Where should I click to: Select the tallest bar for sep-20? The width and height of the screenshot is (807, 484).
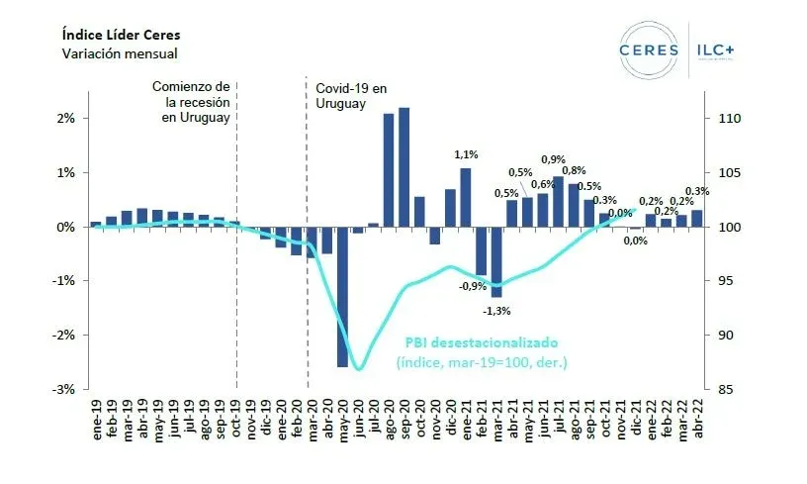tap(404, 166)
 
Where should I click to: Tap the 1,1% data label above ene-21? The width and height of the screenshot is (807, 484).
tap(466, 154)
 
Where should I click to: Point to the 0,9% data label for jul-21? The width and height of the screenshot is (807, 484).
tap(554, 159)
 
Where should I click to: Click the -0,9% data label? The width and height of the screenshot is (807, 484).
tap(472, 287)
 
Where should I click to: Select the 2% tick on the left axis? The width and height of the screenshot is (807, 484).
tap(65, 119)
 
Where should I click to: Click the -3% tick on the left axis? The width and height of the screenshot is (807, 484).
tap(64, 389)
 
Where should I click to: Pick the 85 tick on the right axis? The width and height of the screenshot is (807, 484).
tap(720, 389)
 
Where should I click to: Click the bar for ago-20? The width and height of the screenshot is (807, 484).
tap(389, 169)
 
